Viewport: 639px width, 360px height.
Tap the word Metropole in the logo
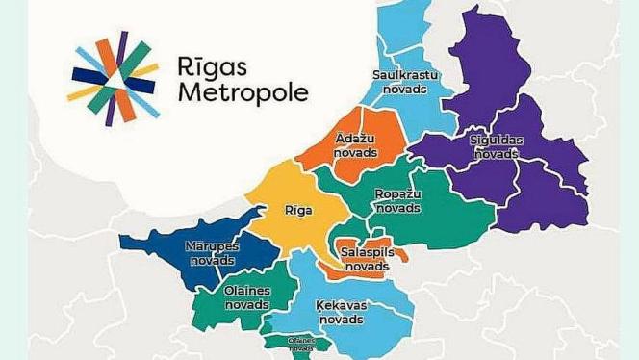[x=243, y=93]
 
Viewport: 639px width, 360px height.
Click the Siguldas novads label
[x=496, y=146]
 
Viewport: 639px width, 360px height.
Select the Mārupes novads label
[x=211, y=252]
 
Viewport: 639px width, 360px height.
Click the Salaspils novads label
[x=367, y=259]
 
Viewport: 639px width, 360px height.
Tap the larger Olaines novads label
[x=247, y=297]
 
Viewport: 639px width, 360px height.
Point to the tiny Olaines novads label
[x=299, y=344]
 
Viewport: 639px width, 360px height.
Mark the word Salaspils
[x=367, y=252]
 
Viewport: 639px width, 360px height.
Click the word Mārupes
[x=211, y=245]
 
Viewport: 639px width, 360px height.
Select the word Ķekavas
[x=342, y=305]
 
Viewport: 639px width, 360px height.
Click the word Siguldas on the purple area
[x=496, y=140]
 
